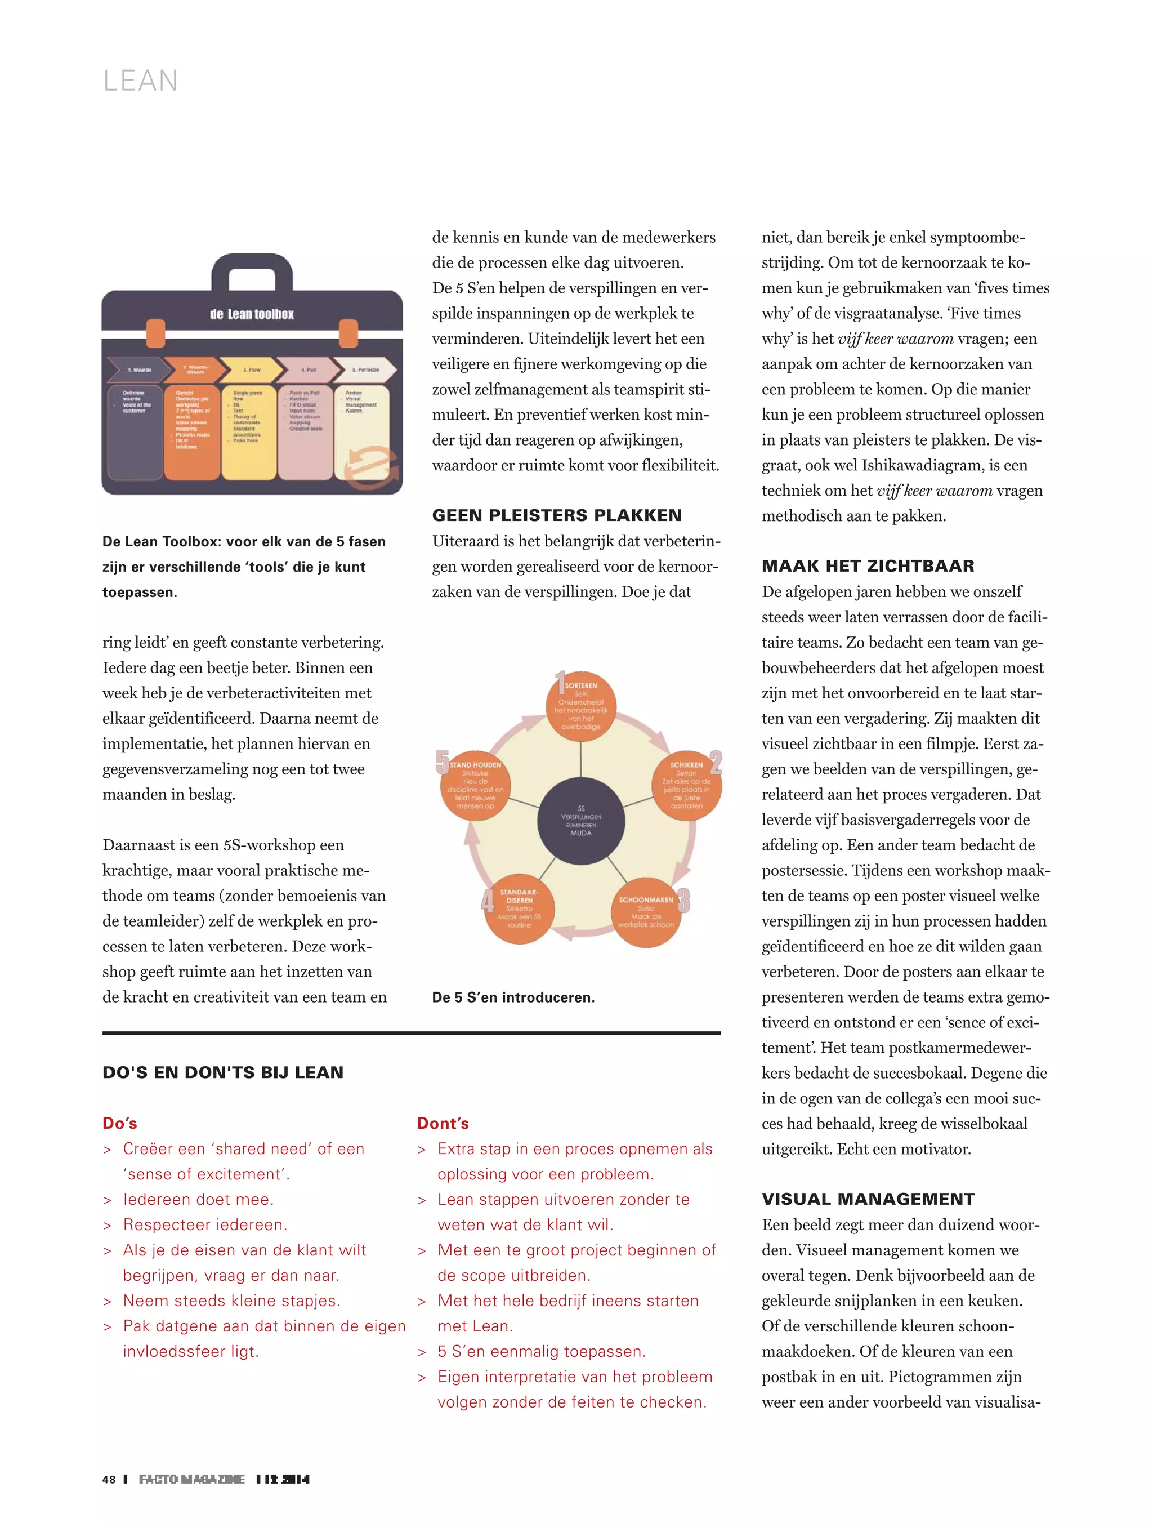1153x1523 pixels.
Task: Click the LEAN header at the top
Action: pyautogui.click(x=140, y=81)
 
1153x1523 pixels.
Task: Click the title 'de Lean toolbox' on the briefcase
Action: pyautogui.click(x=252, y=315)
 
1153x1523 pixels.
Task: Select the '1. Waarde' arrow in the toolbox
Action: pyautogui.click(x=138, y=369)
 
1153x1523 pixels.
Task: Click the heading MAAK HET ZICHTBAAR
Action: pyautogui.click(x=868, y=566)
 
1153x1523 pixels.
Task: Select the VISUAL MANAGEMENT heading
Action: pyautogui.click(x=868, y=1199)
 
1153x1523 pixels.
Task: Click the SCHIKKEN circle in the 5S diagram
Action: pyautogui.click(x=686, y=786)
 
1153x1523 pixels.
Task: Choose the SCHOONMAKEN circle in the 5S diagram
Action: pyautogui.click(x=646, y=912)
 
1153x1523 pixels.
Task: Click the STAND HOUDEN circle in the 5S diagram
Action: pyautogui.click(x=475, y=786)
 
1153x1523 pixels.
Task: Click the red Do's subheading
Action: pyautogui.click(x=120, y=1123)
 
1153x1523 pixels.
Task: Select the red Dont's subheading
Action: pyautogui.click(x=443, y=1123)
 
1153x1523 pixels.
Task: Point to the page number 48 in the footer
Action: pyautogui.click(x=109, y=1479)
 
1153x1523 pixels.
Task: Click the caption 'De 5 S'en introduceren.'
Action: pyautogui.click(x=513, y=997)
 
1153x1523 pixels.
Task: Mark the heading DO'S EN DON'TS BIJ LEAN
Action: pyautogui.click(x=222, y=1072)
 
